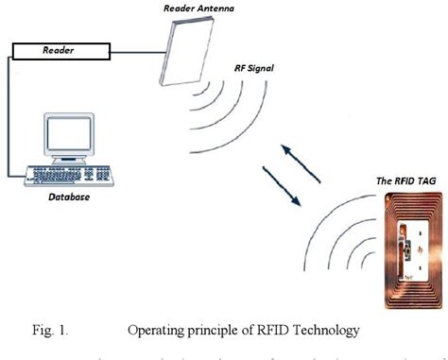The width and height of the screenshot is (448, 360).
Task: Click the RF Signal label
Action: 258,69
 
